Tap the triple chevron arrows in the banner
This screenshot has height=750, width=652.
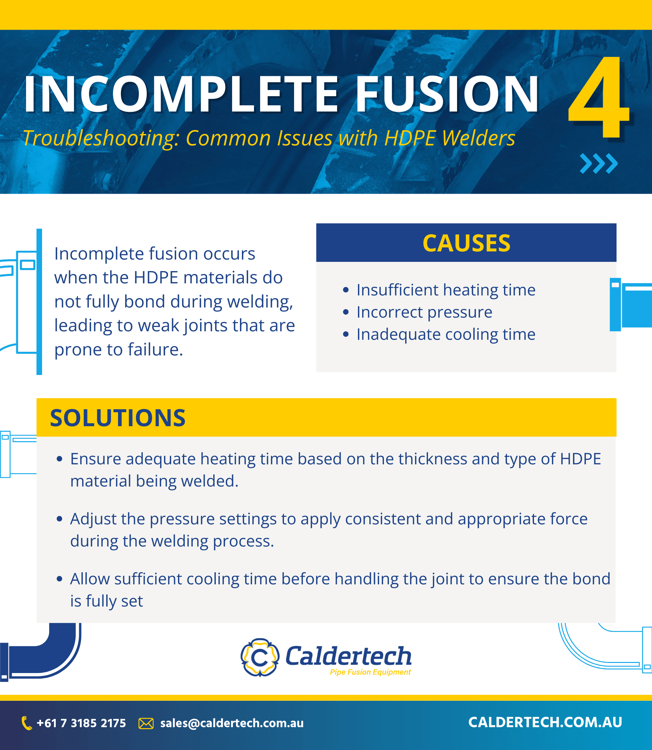599,163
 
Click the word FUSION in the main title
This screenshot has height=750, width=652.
447,94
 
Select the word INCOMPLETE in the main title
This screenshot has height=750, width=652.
181,94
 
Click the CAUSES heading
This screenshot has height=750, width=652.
466,243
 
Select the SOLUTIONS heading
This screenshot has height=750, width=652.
117,418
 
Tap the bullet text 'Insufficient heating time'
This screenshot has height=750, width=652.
446,290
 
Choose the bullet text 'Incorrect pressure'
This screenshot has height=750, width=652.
424,312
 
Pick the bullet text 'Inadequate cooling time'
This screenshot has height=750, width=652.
446,335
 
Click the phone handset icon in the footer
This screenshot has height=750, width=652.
26,723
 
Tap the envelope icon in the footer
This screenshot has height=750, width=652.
146,724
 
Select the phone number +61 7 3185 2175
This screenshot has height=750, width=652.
81,723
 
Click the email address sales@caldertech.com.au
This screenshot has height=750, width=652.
232,723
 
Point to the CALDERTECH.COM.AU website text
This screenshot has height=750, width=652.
545,723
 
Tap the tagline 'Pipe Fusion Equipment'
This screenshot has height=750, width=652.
370,672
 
